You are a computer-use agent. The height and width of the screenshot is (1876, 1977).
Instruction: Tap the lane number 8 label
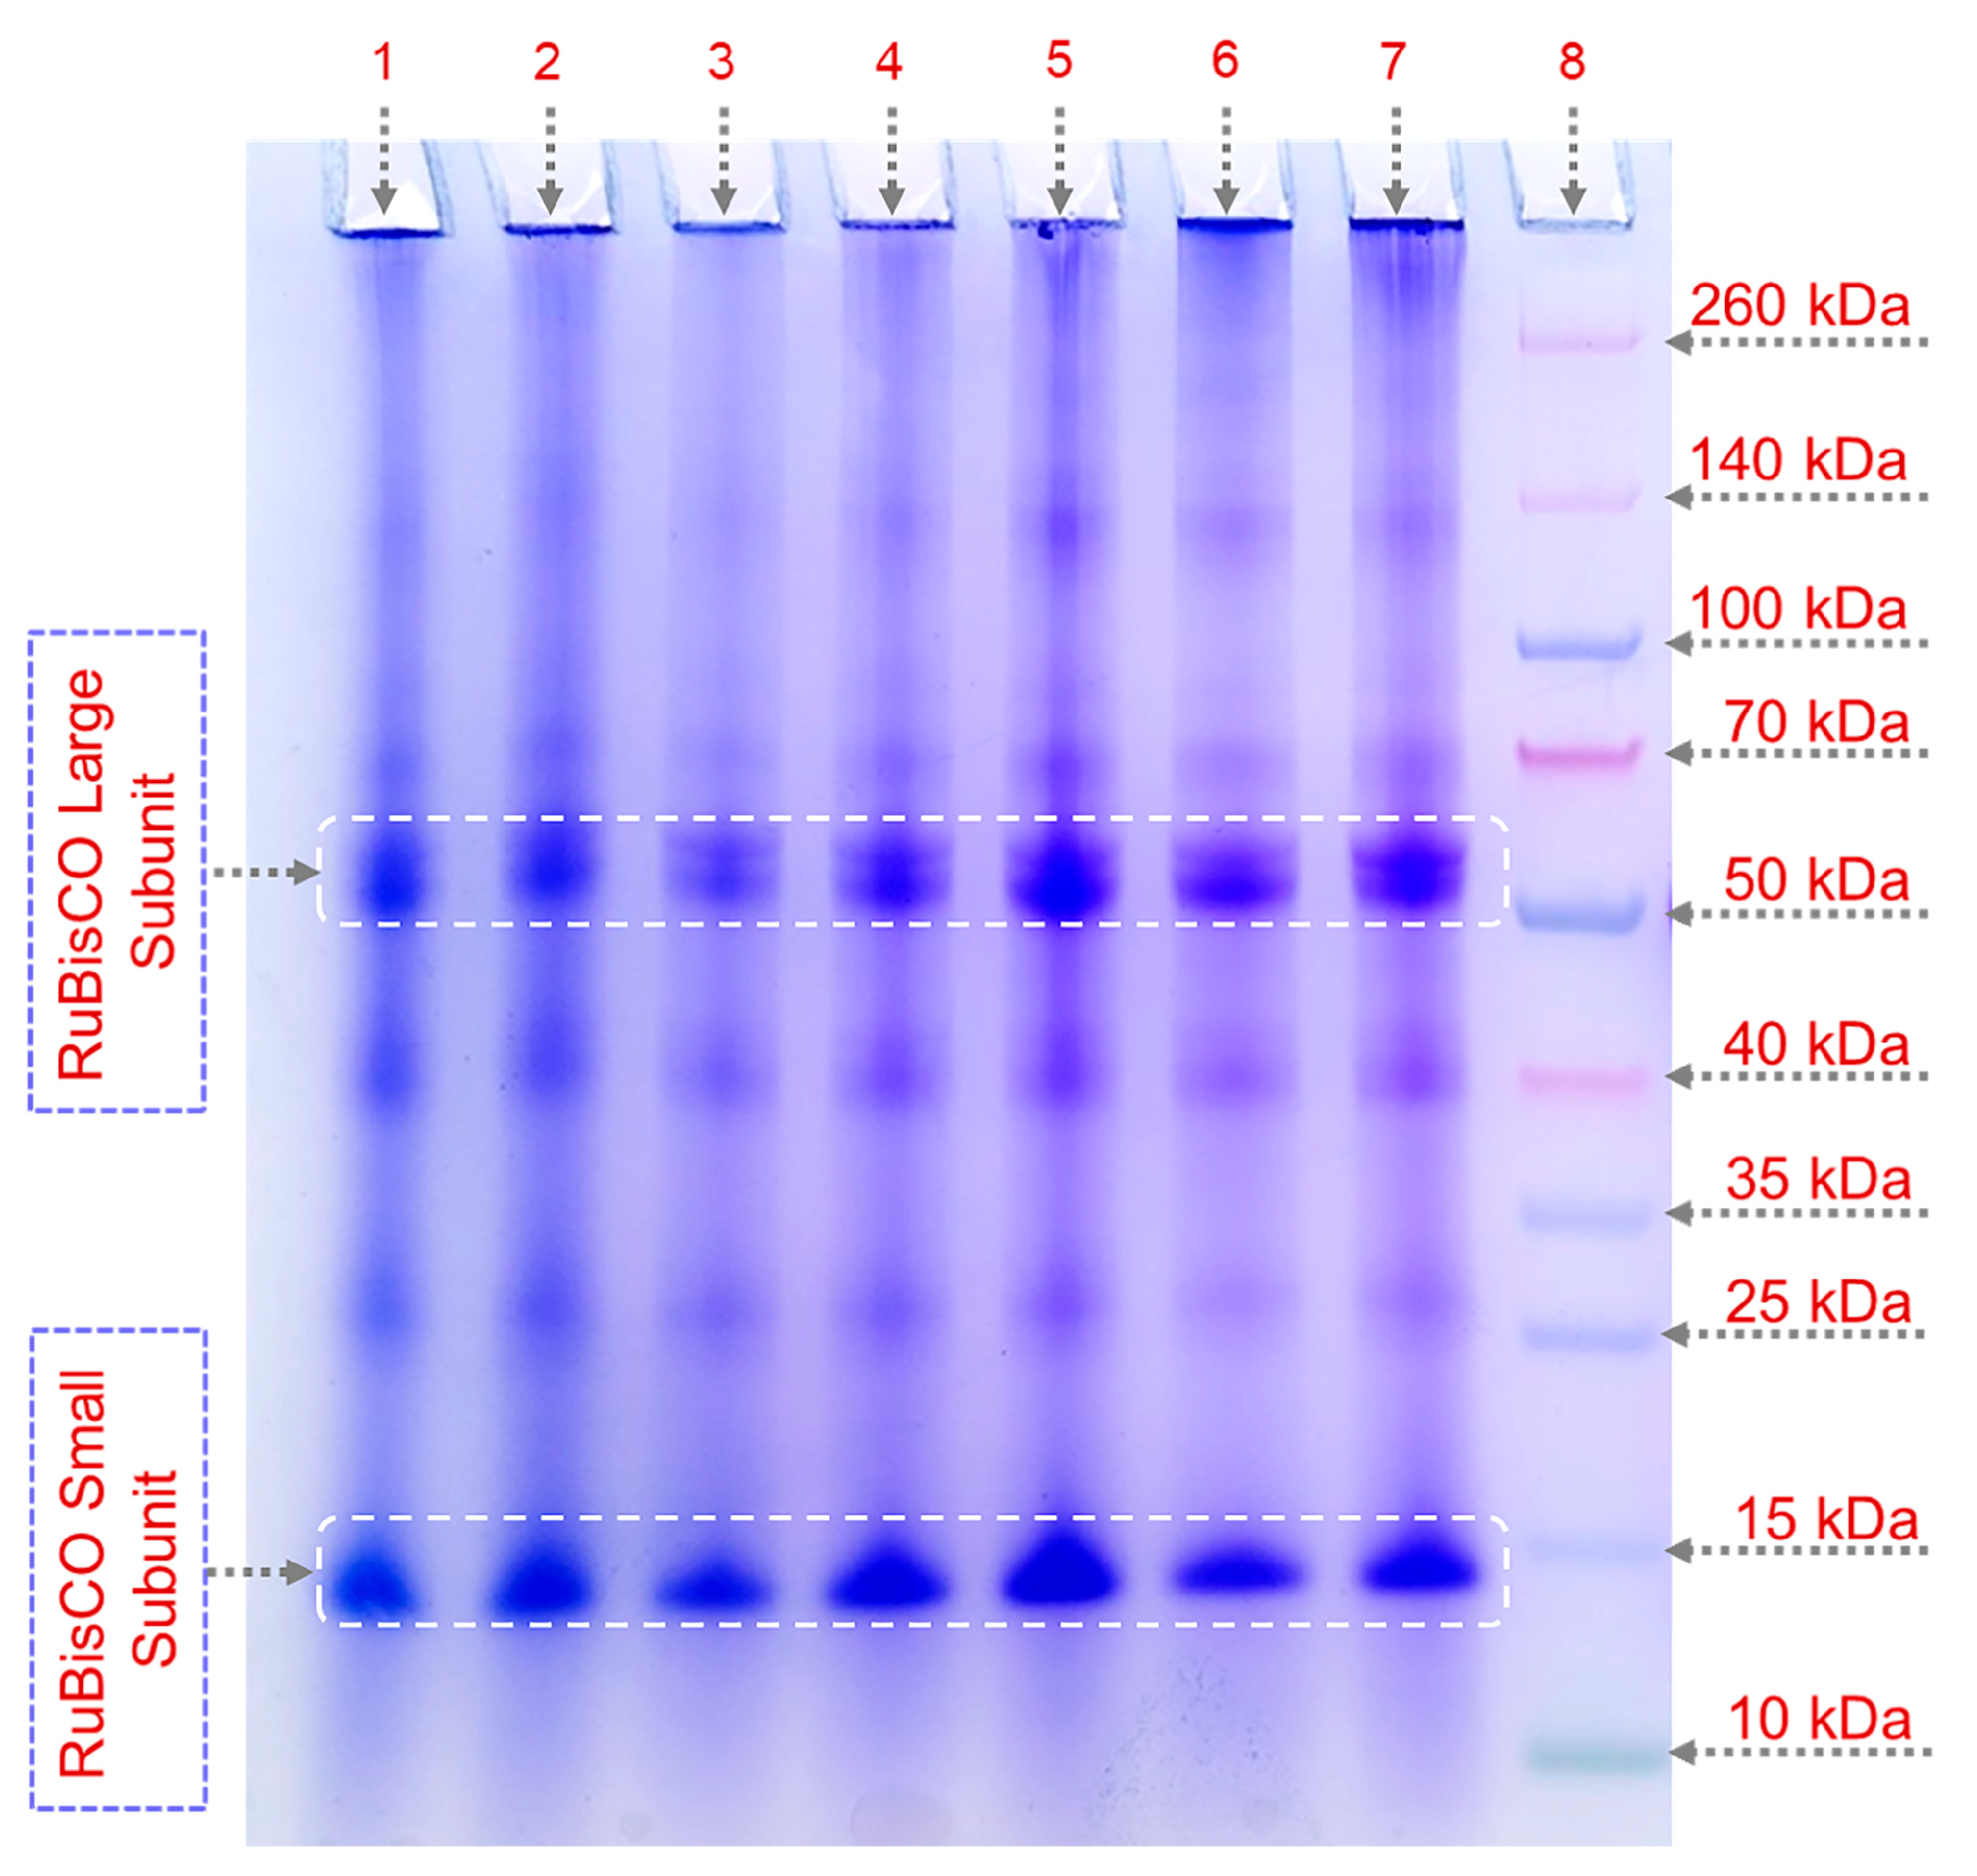pos(1571,62)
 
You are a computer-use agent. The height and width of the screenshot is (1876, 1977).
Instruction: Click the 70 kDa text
pos(1815,722)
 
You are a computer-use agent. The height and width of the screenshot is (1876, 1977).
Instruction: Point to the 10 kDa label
pos(1819,1718)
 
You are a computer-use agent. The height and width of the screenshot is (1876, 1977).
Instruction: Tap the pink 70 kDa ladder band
pos(1580,753)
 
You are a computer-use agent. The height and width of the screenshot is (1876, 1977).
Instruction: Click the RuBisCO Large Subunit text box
pos(117,872)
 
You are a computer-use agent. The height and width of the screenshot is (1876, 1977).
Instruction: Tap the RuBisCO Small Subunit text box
pos(117,1570)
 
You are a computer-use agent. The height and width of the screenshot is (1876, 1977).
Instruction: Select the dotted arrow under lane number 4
pos(890,160)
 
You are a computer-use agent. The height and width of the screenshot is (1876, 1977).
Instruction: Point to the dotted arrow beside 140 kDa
pos(1795,497)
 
